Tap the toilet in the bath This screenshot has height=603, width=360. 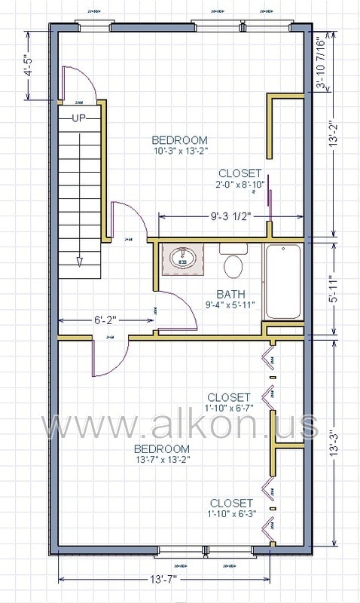pos(233,265)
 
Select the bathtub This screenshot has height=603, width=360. pos(282,280)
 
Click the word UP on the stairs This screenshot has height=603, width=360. pos(79,118)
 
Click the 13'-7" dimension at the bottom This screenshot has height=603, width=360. pos(164,579)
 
